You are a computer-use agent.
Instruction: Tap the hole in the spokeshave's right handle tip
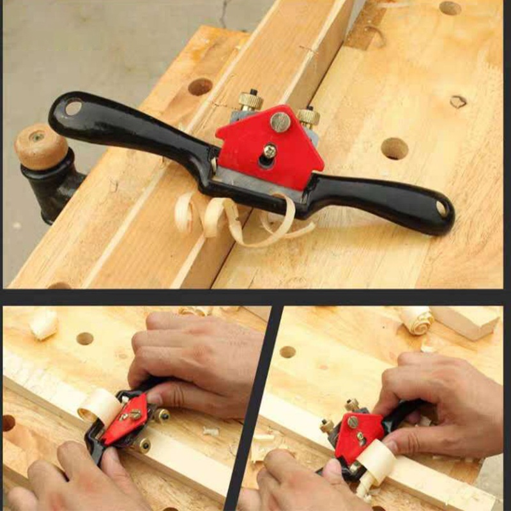pos(441,208)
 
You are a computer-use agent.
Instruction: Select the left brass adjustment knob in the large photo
pos(251,100)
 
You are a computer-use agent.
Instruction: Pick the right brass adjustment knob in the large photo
pos(308,115)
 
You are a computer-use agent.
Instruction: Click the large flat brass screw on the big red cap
pos(280,121)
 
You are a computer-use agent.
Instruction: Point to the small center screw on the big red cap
pos(270,151)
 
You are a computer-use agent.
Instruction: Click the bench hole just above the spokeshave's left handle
pos(200,86)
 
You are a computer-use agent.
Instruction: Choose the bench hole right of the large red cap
pos(394,148)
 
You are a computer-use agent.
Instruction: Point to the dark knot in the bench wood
pos(458,102)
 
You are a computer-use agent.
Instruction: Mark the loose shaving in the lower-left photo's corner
pos(43,324)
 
